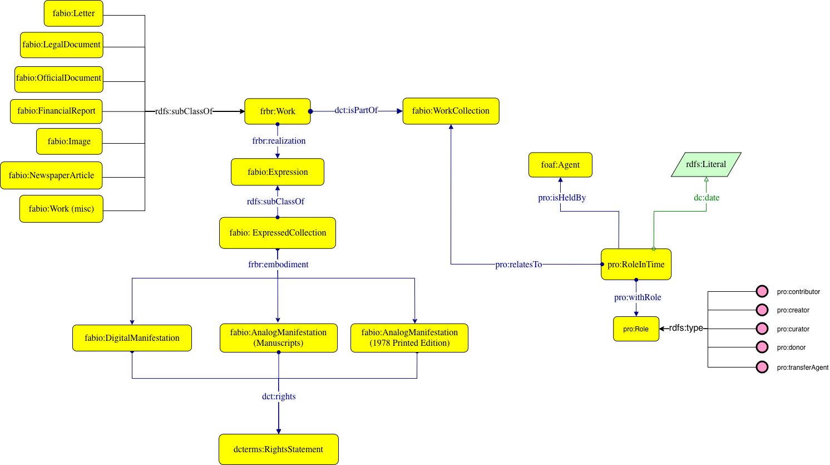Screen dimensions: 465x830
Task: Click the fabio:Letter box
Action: pyautogui.click(x=73, y=13)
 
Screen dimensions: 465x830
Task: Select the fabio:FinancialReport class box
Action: pyautogui.click(x=56, y=111)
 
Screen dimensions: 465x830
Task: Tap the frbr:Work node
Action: pyautogui.click(x=278, y=111)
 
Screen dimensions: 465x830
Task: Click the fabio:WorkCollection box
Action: pyautogui.click(x=451, y=111)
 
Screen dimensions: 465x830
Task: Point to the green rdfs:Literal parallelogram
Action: pyautogui.click(x=706, y=164)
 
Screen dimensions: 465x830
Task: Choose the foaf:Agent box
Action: pyautogui.click(x=560, y=165)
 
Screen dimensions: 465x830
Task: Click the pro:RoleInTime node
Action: pyautogui.click(x=636, y=265)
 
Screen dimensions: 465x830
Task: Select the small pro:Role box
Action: pyautogui.click(x=636, y=329)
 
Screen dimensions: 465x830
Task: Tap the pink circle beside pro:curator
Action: pyautogui.click(x=762, y=329)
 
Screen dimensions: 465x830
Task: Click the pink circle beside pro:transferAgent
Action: pyautogui.click(x=762, y=367)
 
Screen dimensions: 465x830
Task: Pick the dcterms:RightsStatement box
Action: pyautogui.click(x=278, y=449)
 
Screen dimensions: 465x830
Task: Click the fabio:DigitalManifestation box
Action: pyautogui.click(x=132, y=338)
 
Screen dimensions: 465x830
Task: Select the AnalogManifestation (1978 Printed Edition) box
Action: pyautogui.click(x=409, y=338)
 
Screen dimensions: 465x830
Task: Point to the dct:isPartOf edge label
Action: pyautogui.click(x=356, y=110)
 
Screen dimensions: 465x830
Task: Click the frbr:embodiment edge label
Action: pyautogui.click(x=278, y=265)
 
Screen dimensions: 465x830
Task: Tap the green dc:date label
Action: pyautogui.click(x=707, y=198)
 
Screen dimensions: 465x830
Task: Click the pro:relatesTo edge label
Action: pyautogui.click(x=518, y=265)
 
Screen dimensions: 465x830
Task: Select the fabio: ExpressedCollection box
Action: pyautogui.click(x=278, y=233)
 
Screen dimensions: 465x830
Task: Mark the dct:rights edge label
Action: pyautogui.click(x=279, y=397)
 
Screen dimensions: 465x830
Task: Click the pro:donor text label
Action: pyautogui.click(x=791, y=347)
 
